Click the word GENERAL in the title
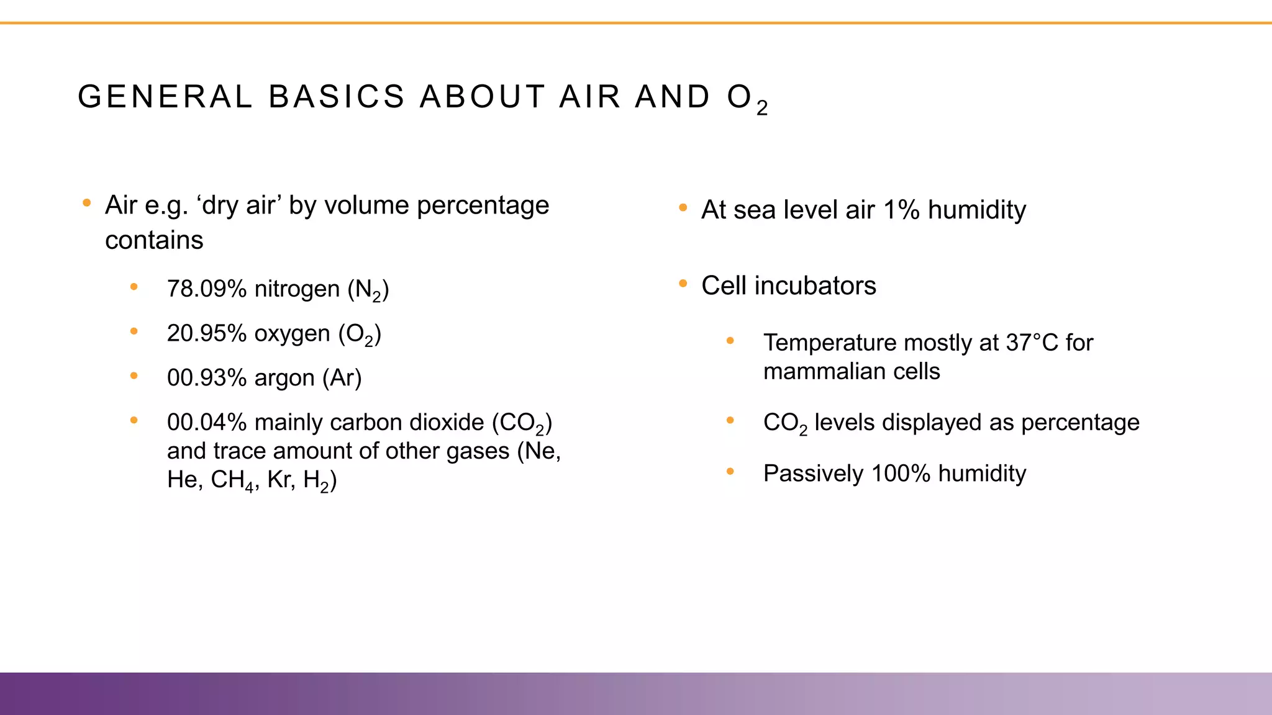pyautogui.click(x=165, y=97)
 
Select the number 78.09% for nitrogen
pyautogui.click(x=207, y=289)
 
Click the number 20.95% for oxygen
pyautogui.click(x=207, y=334)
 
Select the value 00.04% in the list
pyautogui.click(x=207, y=423)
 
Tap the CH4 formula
pyautogui.click(x=232, y=480)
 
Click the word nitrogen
pyautogui.click(x=297, y=289)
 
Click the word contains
pyautogui.click(x=154, y=241)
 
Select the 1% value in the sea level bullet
pyautogui.click(x=901, y=210)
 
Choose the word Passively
pyautogui.click(x=813, y=474)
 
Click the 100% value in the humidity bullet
pyautogui.click(x=901, y=474)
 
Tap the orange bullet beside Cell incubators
pyautogui.click(x=683, y=284)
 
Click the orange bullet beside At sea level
pyautogui.click(x=683, y=208)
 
